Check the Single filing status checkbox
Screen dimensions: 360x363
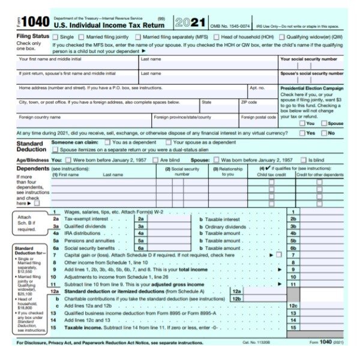point(56,37)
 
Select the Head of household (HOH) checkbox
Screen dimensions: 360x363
point(218,37)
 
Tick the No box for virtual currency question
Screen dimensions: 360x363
point(324,133)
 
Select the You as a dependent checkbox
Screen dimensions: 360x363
point(107,142)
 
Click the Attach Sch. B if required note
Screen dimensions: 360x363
point(27,223)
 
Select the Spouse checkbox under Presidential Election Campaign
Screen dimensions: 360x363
point(324,123)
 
